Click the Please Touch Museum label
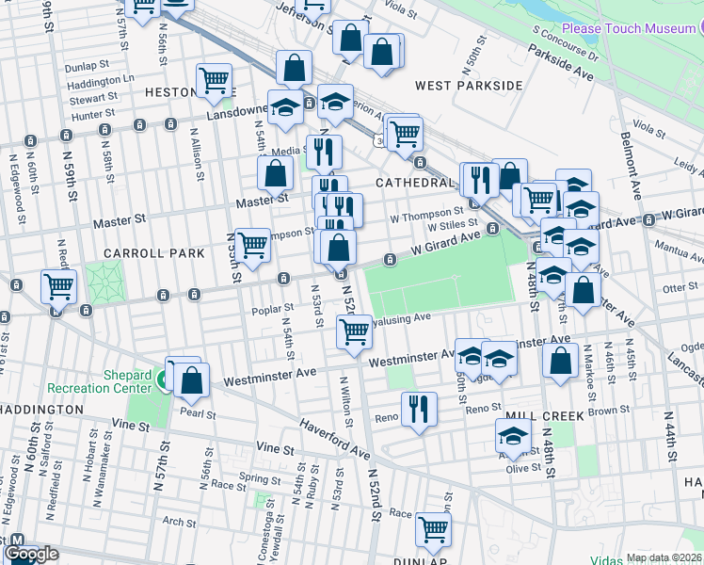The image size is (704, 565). [628, 29]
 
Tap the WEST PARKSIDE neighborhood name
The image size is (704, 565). [469, 86]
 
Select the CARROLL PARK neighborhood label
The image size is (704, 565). [153, 253]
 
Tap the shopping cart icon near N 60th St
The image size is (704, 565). [59, 284]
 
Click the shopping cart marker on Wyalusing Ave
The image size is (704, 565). [354, 331]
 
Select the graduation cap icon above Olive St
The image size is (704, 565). [513, 436]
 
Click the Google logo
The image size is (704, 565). [31, 554]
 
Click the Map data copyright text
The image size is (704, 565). [664, 557]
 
